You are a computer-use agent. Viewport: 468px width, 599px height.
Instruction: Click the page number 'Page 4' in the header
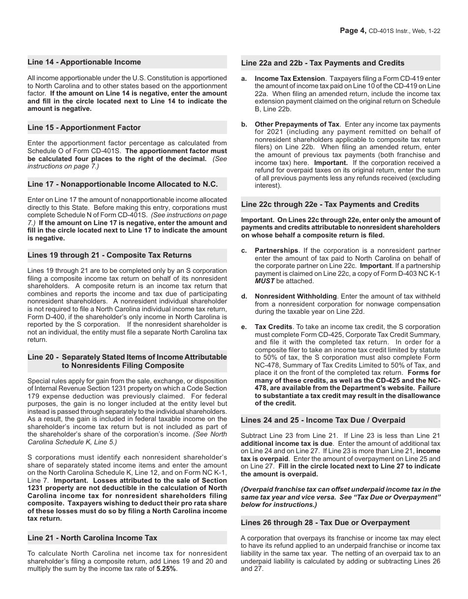click(353, 31)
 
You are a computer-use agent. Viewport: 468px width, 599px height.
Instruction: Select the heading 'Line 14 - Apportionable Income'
click(84, 62)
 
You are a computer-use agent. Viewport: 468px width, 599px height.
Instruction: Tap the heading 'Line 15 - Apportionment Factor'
click(84, 128)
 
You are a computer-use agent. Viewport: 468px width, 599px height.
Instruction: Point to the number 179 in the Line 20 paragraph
click(34, 397)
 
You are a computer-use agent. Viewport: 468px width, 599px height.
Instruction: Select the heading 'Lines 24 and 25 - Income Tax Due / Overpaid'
click(323, 420)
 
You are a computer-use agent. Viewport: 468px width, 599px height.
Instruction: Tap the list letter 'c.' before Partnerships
click(244, 251)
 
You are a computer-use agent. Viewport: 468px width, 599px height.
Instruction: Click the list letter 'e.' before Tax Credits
click(244, 327)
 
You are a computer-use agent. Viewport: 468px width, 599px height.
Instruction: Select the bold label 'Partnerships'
click(276, 251)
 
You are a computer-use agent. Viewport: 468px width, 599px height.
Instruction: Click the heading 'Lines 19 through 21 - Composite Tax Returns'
click(109, 255)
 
